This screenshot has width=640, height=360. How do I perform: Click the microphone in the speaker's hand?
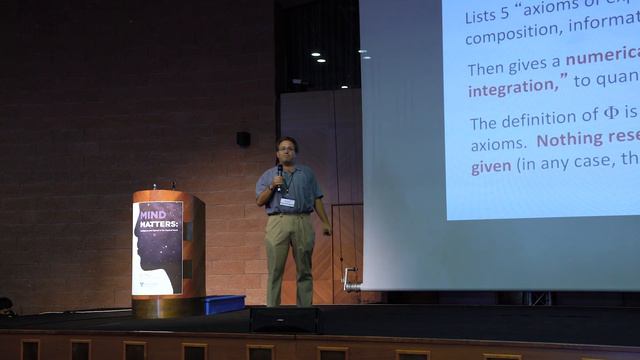(x=279, y=176)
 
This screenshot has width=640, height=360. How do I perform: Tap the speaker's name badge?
(x=288, y=202)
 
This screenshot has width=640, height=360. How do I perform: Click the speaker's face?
(x=288, y=150)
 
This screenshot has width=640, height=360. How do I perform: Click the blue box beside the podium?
(x=222, y=304)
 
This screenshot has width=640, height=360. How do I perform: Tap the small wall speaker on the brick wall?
(x=244, y=139)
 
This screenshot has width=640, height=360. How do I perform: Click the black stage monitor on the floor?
(x=285, y=319)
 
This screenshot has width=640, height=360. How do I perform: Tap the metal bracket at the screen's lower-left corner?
(x=350, y=279)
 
